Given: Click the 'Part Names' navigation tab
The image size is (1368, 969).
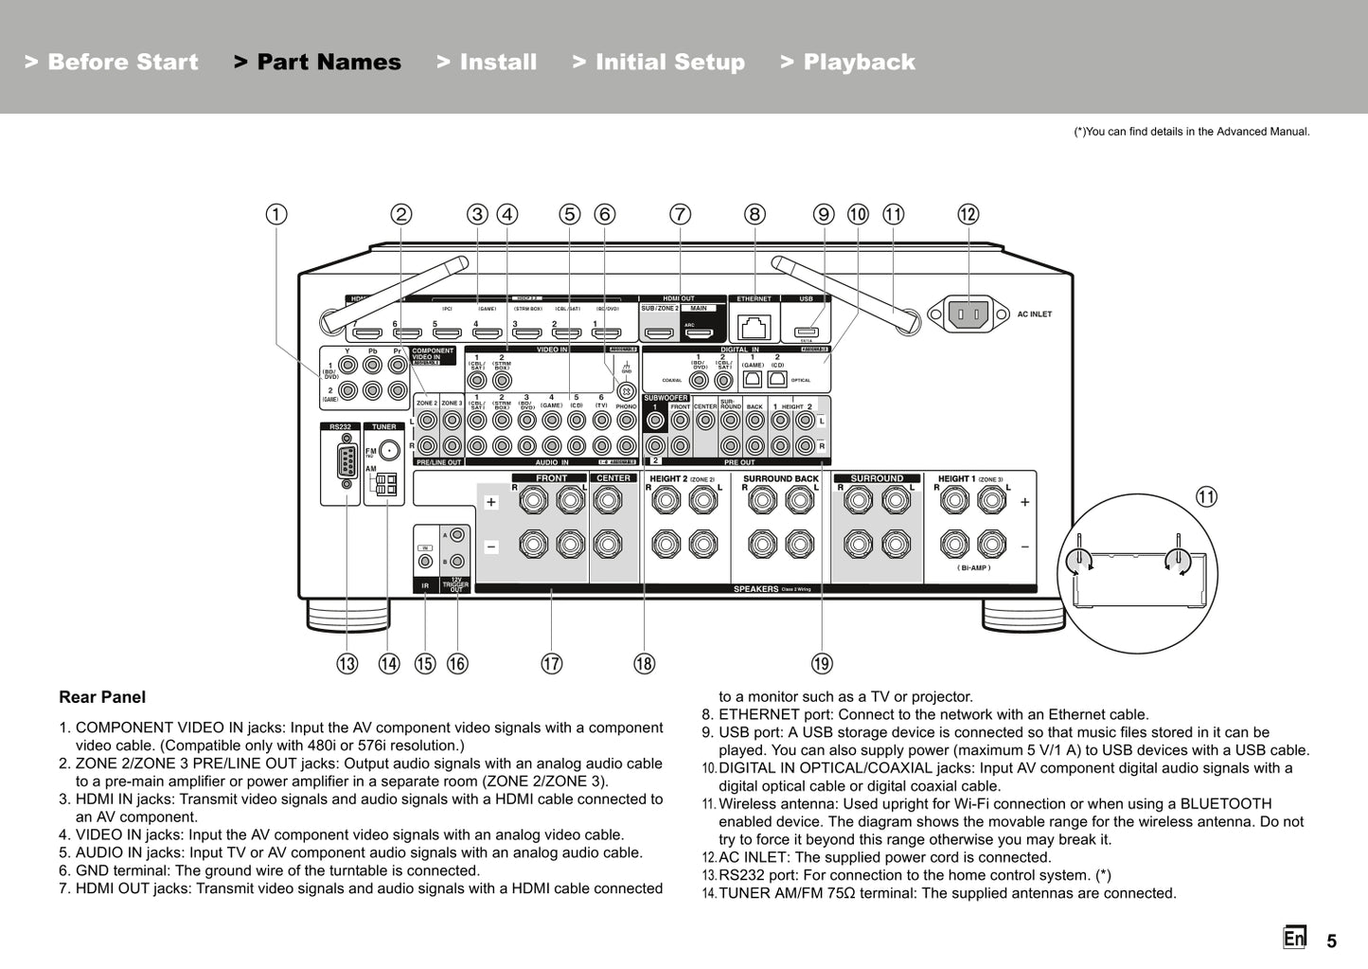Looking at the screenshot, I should click(317, 63).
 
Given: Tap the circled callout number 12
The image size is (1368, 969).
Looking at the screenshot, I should click(968, 214).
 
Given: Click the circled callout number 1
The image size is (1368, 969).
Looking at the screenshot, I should click(275, 214).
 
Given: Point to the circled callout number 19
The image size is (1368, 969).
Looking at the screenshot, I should click(822, 663).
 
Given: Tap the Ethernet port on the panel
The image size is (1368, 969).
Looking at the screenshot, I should click(754, 328).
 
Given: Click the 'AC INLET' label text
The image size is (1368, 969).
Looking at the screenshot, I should click(1034, 314).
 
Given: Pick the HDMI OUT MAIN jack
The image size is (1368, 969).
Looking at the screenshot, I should click(699, 332).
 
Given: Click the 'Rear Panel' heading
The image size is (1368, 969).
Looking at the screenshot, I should click(102, 697).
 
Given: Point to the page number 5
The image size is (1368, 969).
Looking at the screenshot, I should click(1331, 941).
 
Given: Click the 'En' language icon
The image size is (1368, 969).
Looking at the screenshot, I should click(1294, 938).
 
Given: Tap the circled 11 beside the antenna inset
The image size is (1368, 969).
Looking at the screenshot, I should click(1206, 496).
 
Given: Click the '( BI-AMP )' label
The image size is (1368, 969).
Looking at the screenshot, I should click(973, 568).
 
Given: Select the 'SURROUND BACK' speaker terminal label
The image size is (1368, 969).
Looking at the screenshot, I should click(780, 478).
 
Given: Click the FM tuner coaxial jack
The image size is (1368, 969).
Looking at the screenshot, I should click(388, 452).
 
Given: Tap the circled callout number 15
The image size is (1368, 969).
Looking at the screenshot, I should click(425, 663).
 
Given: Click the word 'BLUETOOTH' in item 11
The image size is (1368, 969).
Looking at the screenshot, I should click(1226, 803).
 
